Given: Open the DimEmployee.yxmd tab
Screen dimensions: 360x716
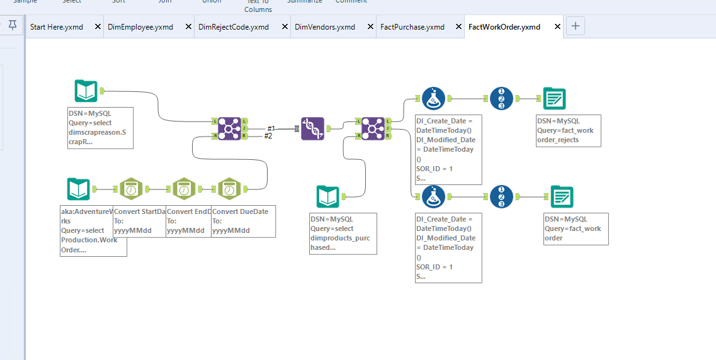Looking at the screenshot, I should click(x=145, y=27).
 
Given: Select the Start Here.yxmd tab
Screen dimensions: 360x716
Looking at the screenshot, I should click(x=57, y=27).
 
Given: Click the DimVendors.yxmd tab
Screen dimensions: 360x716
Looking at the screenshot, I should click(x=325, y=27).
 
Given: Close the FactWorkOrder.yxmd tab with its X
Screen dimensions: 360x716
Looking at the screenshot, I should click(x=557, y=27).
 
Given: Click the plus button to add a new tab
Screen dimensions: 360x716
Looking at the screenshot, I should click(x=576, y=26).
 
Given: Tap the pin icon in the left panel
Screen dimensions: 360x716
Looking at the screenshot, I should click(x=13, y=26).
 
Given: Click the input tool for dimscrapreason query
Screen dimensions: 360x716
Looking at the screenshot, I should click(x=86, y=91).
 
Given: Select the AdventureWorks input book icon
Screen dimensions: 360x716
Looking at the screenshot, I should click(x=79, y=189).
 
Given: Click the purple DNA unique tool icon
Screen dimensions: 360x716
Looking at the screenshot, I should click(x=313, y=128).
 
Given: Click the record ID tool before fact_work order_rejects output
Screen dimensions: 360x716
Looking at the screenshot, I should click(x=501, y=99).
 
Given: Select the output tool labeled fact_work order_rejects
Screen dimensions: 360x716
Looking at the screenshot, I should click(x=554, y=99).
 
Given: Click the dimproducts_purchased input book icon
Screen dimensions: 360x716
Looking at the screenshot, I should click(x=328, y=197).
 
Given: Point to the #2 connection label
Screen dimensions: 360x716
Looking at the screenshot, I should click(x=268, y=136).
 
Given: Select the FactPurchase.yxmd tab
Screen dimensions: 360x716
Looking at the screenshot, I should click(x=412, y=27).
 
